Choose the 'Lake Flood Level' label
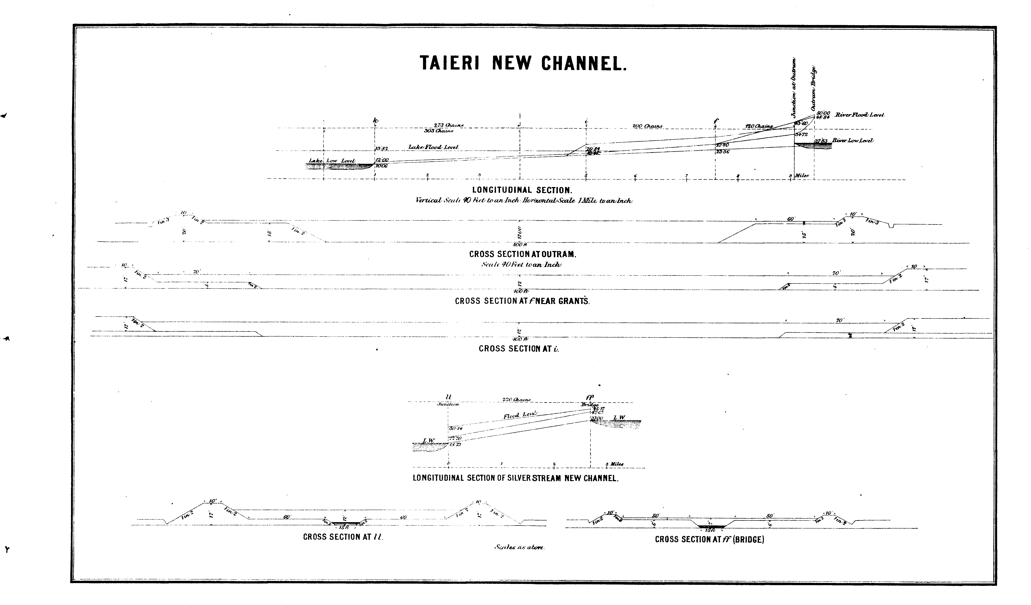point(433,147)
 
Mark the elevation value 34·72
point(801,134)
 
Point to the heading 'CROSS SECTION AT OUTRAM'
point(522,254)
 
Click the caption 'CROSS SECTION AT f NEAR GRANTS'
point(522,301)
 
